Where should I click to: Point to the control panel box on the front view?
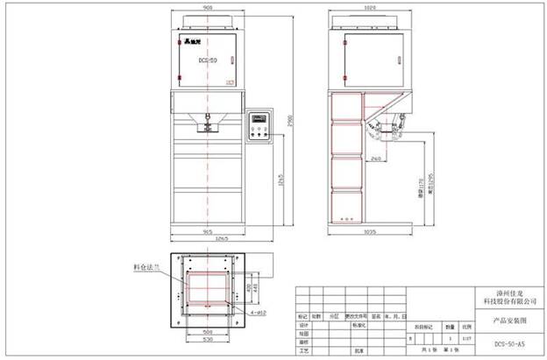[258, 126]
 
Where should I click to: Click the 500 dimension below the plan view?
[208, 332]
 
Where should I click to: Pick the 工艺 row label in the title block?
[305, 349]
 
